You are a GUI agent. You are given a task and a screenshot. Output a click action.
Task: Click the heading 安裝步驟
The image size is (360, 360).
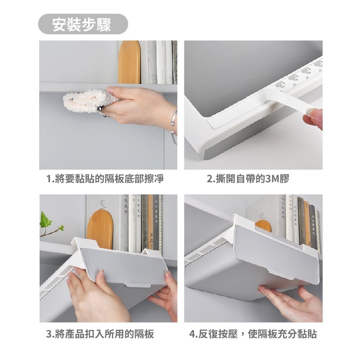[81, 24]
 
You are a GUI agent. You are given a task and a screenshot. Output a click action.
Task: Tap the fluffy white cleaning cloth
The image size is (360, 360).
[87, 101]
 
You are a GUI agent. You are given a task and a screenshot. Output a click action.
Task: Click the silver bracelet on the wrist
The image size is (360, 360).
[174, 126]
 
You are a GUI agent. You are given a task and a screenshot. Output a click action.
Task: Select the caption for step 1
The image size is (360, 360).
[105, 179]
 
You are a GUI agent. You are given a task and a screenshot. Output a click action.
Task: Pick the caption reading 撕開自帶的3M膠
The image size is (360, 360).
[248, 179]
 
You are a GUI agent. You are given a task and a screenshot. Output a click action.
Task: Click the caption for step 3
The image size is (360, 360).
[100, 334]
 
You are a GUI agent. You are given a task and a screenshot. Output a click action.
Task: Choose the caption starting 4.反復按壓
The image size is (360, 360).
[253, 334]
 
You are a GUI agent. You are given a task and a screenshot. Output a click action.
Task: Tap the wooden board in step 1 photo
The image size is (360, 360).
[129, 62]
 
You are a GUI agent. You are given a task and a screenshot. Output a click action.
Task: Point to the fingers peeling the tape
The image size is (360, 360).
[313, 119]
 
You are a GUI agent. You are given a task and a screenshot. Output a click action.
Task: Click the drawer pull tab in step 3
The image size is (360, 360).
[137, 285]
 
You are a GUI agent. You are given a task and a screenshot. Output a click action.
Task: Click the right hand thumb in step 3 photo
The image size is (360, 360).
[169, 277]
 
